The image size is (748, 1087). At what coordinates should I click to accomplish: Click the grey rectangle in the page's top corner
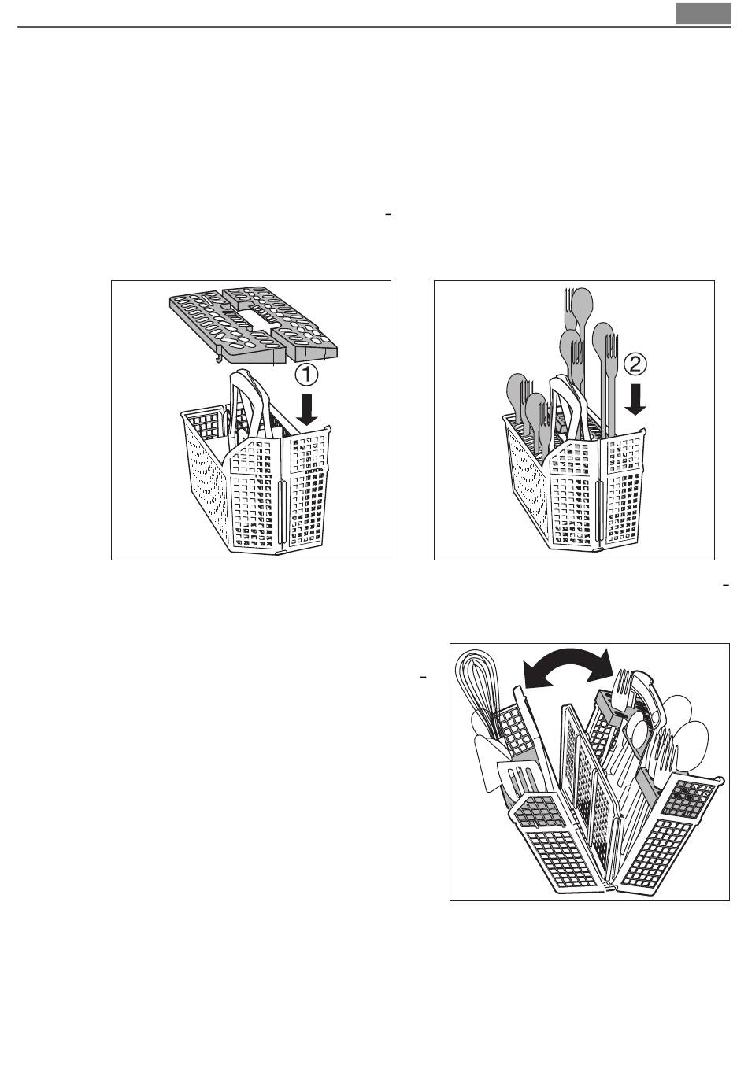click(703, 13)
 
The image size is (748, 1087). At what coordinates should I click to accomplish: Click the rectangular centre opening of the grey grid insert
click(253, 318)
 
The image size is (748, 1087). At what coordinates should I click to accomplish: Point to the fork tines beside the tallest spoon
click(569, 301)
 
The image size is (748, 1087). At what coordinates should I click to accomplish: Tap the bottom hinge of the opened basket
click(608, 886)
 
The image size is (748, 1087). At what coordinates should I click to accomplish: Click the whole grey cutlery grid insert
click(254, 325)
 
